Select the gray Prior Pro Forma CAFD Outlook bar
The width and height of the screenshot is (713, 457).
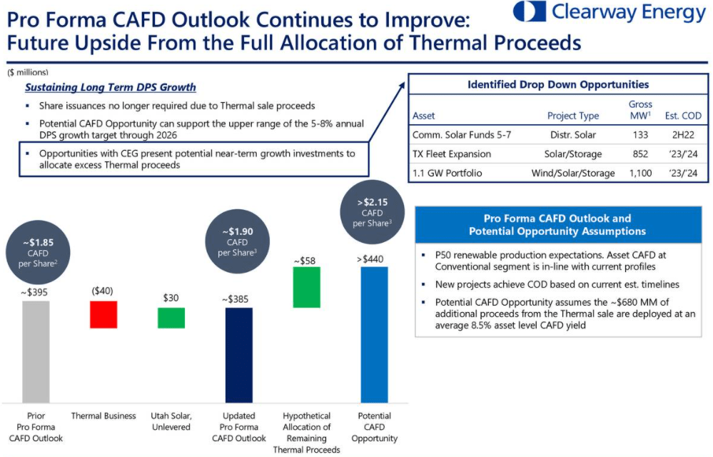[x=36, y=351]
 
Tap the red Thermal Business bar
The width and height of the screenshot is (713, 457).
[x=103, y=314]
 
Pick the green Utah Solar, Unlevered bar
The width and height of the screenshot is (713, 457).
[x=171, y=318]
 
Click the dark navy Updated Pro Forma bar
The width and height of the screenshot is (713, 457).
[x=239, y=355]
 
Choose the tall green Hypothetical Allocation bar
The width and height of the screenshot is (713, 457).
[x=306, y=287]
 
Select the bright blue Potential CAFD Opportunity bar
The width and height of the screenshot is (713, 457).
[x=375, y=334]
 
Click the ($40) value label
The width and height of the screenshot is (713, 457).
[x=103, y=291]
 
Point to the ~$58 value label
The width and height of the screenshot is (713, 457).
[x=306, y=261]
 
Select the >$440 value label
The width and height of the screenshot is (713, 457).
[x=375, y=260]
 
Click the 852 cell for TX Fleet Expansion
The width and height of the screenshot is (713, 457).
[x=640, y=154]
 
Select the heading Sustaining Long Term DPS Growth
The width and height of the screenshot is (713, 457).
[x=111, y=88]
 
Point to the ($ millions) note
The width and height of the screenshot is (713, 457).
[x=28, y=72]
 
